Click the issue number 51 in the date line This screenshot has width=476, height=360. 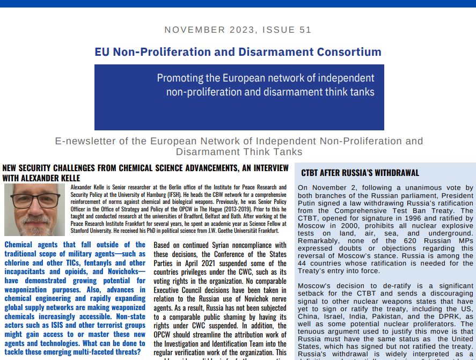pyautogui.click(x=305, y=30)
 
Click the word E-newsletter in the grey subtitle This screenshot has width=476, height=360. pyautogui.click(x=85, y=142)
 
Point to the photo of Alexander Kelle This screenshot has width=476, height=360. pyautogui.click(x=34, y=210)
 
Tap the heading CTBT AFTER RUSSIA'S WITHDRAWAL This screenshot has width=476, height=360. pyautogui.click(x=360, y=173)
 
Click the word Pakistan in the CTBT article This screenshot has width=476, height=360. pyautogui.click(x=406, y=317)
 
